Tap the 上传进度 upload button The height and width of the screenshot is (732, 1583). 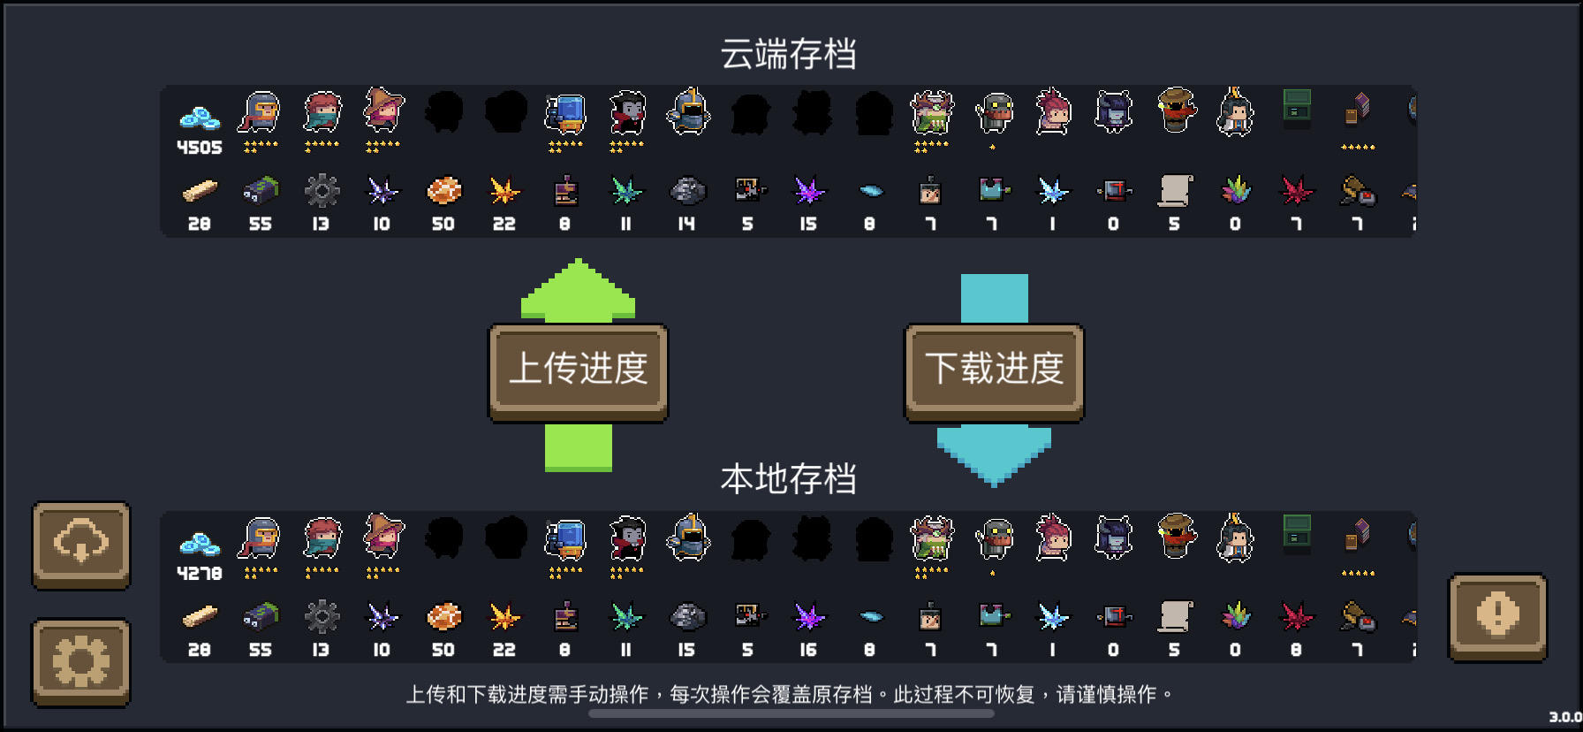coord(579,370)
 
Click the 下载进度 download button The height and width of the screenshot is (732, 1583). coord(994,370)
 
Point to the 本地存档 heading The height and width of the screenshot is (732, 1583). coord(788,479)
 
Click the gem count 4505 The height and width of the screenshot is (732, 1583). coord(200,148)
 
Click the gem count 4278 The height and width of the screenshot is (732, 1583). coord(200,574)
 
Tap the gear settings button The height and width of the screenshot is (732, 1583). coord(81,661)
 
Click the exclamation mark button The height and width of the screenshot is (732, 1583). coord(1497,615)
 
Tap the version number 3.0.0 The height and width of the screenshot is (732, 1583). coord(1564,717)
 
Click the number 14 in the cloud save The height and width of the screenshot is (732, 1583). coord(686,225)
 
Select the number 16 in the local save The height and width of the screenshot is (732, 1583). coord(808,651)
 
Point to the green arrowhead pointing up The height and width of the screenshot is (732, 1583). coord(578,290)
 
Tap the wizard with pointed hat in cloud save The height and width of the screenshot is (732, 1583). coord(383,111)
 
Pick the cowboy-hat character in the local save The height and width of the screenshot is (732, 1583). coord(1176,536)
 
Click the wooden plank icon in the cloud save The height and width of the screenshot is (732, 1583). coord(200,191)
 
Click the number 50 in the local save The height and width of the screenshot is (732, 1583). coord(443,651)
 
